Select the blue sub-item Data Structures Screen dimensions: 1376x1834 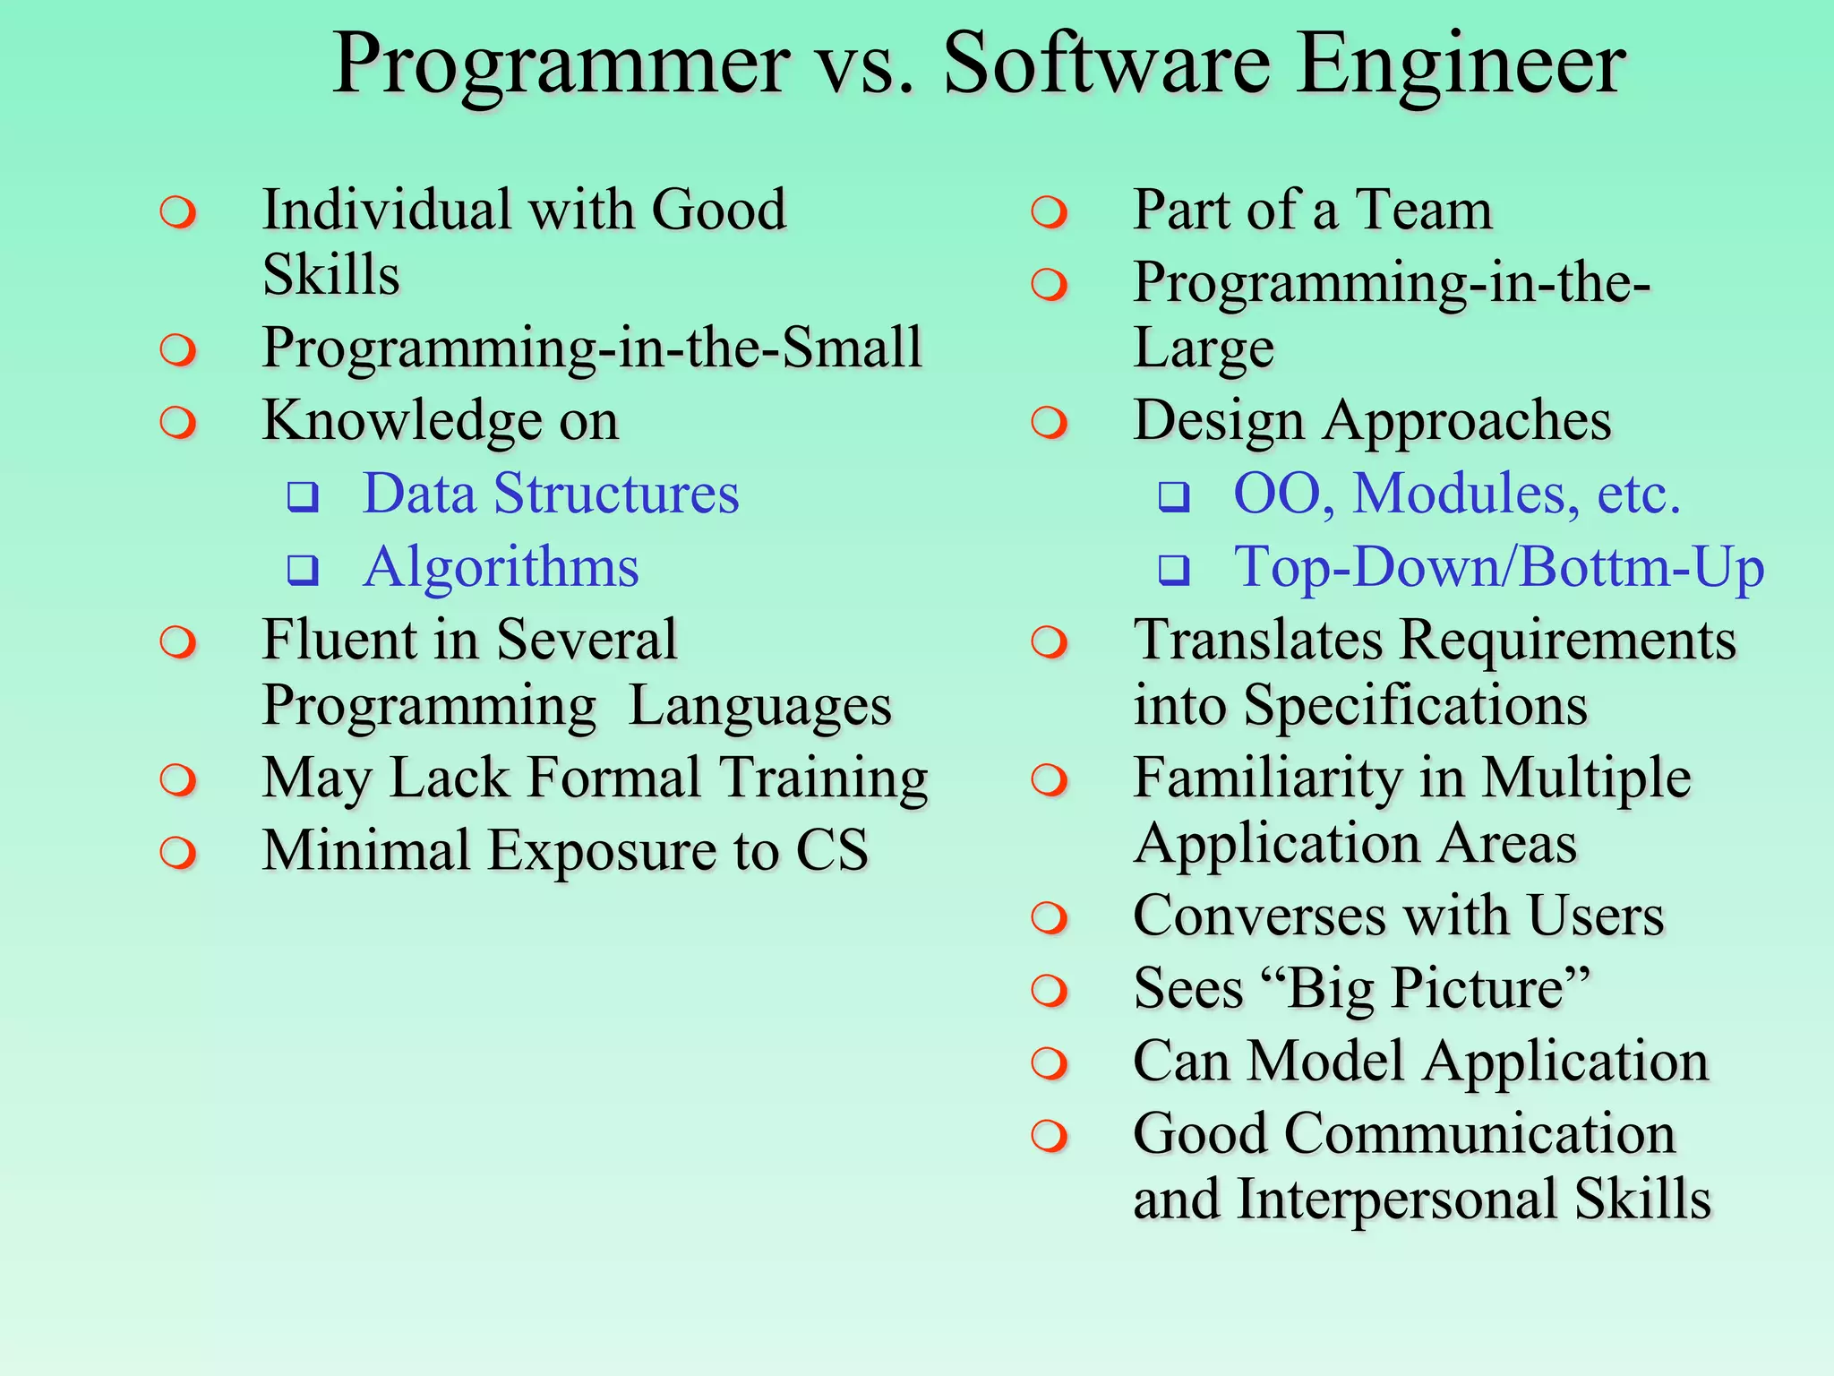click(550, 494)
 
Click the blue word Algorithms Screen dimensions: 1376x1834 click(501, 567)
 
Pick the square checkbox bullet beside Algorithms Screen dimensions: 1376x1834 click(303, 568)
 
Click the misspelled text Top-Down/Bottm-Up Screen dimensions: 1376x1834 click(1498, 567)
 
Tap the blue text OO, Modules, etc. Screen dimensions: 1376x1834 click(1456, 494)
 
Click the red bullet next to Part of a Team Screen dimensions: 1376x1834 click(1049, 213)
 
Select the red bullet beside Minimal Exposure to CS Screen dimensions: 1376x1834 click(178, 852)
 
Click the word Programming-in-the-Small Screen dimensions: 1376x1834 click(591, 348)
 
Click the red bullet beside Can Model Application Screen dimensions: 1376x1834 click(1049, 1063)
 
